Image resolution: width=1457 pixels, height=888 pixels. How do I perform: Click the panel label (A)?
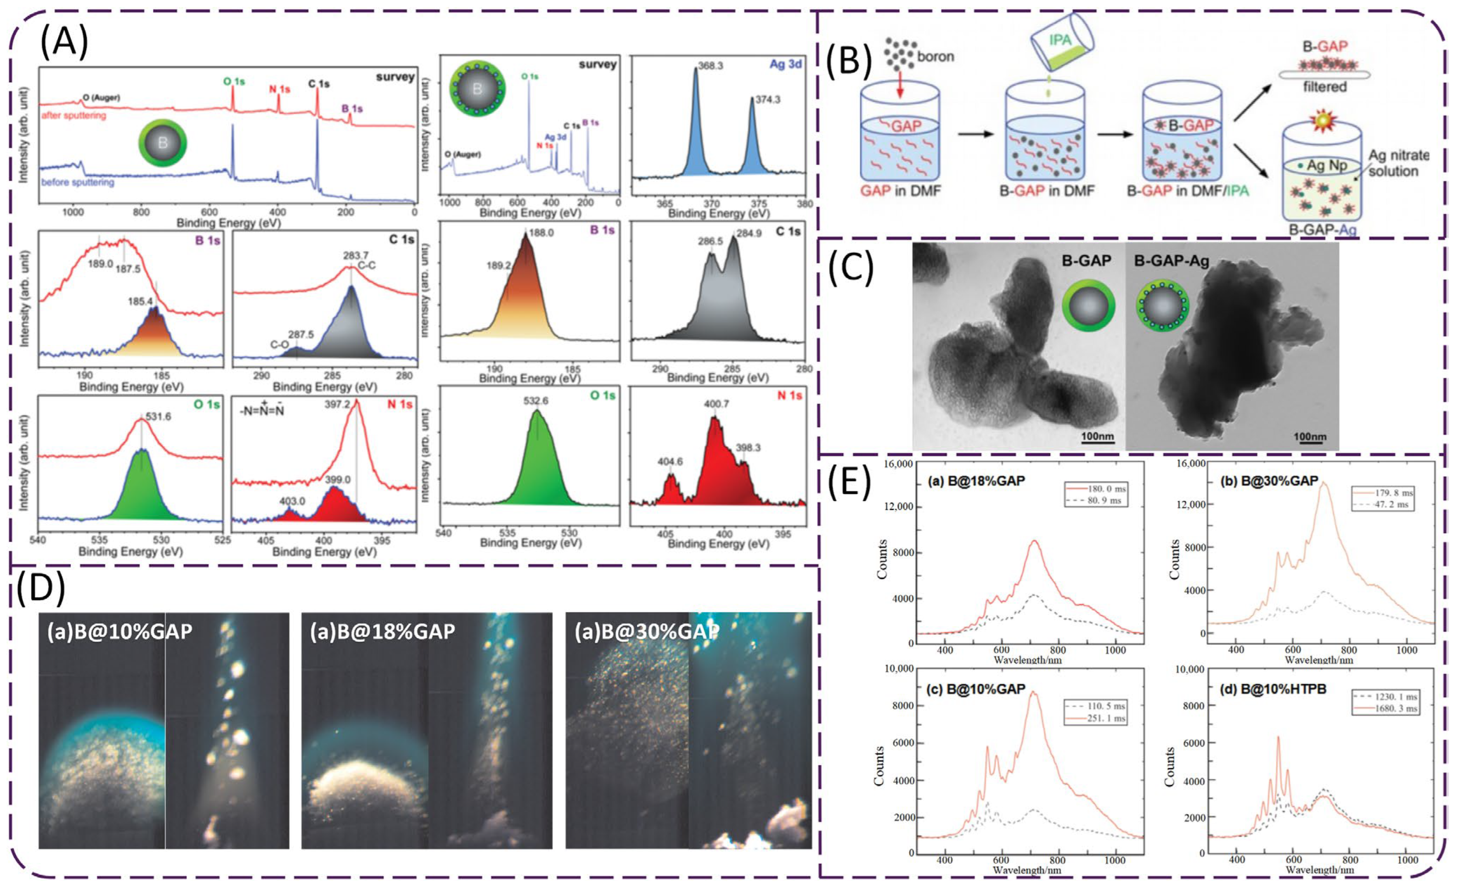(x=64, y=43)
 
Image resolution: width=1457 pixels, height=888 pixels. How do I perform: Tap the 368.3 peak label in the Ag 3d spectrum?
(x=710, y=66)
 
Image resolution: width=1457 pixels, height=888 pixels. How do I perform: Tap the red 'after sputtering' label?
(x=73, y=115)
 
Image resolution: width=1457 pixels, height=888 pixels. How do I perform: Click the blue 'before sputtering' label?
(x=77, y=182)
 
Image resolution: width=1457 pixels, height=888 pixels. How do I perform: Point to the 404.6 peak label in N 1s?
(x=670, y=461)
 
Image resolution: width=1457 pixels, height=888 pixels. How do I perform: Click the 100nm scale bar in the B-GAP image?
(x=1097, y=438)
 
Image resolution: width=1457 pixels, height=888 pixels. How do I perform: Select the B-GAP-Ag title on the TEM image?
(x=1171, y=260)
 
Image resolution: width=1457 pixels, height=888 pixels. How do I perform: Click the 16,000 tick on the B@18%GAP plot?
(x=898, y=464)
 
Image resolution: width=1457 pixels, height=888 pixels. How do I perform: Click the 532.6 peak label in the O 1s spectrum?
(x=536, y=401)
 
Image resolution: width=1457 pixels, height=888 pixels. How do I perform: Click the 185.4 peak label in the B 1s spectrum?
(x=140, y=302)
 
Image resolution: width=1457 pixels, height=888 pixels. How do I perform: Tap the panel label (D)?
(x=40, y=589)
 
